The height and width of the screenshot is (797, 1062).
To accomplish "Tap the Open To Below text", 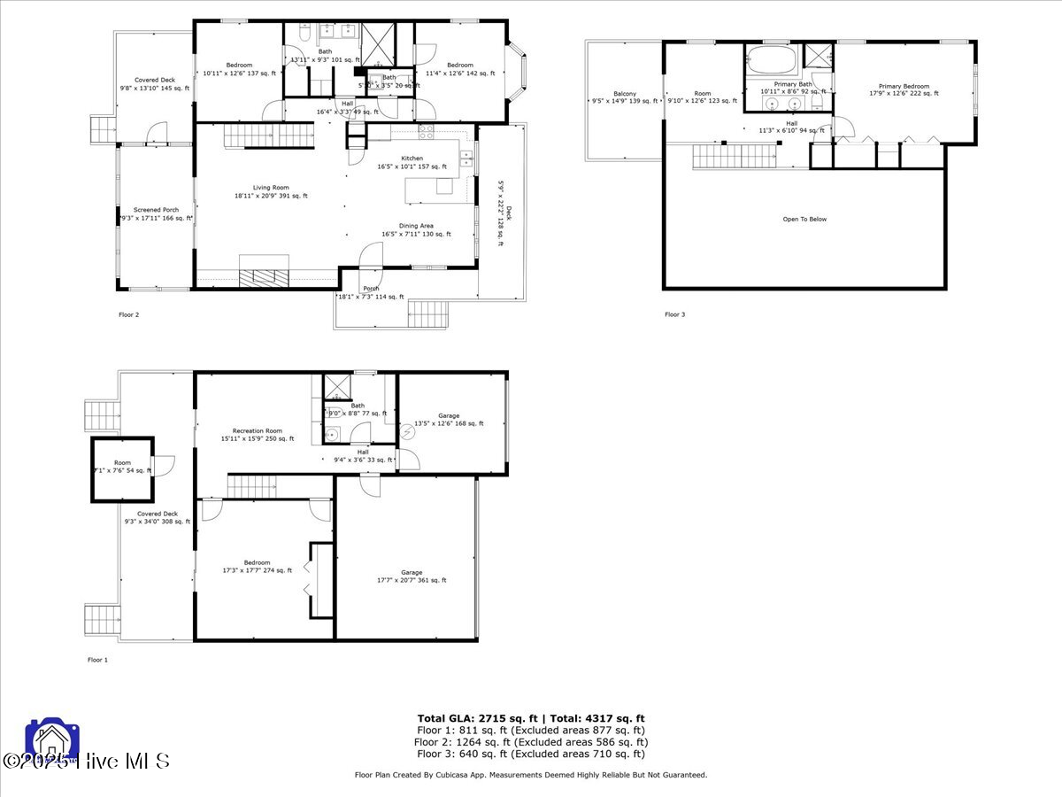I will click(804, 219).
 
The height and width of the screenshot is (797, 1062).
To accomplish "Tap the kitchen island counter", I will click(429, 190).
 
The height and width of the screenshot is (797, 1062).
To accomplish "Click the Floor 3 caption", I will click(675, 314).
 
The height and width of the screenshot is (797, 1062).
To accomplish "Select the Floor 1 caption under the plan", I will click(97, 660).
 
